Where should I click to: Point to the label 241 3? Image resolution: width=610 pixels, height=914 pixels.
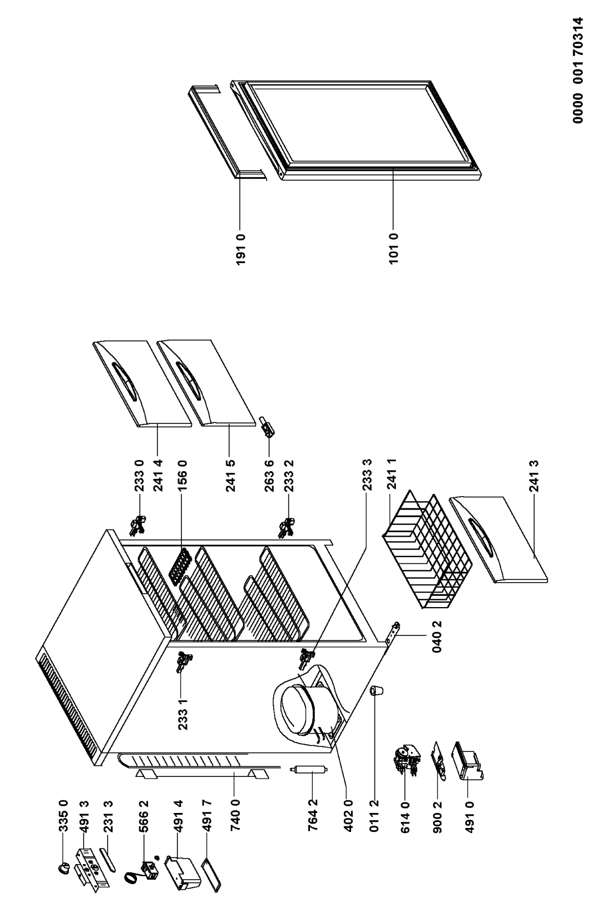(550, 476)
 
